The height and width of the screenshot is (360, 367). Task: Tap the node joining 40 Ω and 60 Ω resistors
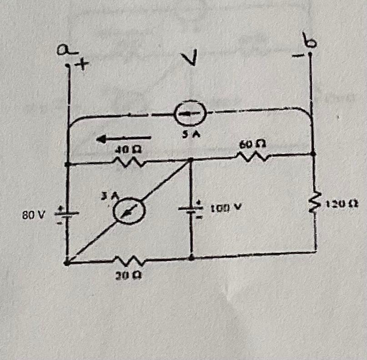pyautogui.click(x=191, y=159)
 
